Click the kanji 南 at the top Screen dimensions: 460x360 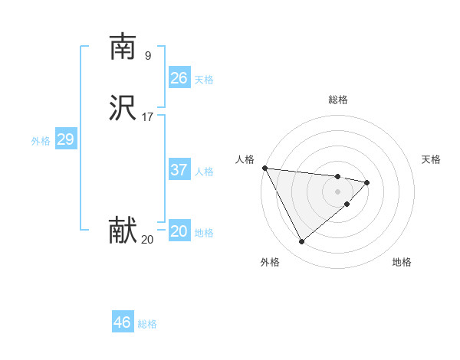tap(123, 47)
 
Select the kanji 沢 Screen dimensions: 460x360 tap(123, 108)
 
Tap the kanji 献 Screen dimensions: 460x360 tap(123, 231)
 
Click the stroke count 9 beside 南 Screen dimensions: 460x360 tap(147, 56)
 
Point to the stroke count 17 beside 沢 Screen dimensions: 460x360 tap(148, 117)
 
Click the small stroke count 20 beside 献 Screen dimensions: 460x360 tap(147, 240)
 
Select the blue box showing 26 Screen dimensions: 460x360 tap(179, 78)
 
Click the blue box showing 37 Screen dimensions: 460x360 tap(179, 170)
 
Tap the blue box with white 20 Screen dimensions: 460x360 tap(179, 231)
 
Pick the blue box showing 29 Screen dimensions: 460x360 tap(65, 139)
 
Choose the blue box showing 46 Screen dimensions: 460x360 tap(123, 322)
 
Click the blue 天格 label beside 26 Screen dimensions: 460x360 tap(204, 80)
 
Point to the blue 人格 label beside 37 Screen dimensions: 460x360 tap(204, 172)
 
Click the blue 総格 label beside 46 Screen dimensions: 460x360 tap(147, 324)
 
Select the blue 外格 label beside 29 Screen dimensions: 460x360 tap(41, 141)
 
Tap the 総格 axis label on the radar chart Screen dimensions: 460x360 tap(338, 100)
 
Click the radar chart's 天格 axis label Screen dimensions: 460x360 tap(431, 159)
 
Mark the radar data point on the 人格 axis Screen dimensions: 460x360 tap(264, 168)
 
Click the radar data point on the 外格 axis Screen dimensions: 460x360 tap(301, 242)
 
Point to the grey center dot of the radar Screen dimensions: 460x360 tap(338, 191)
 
